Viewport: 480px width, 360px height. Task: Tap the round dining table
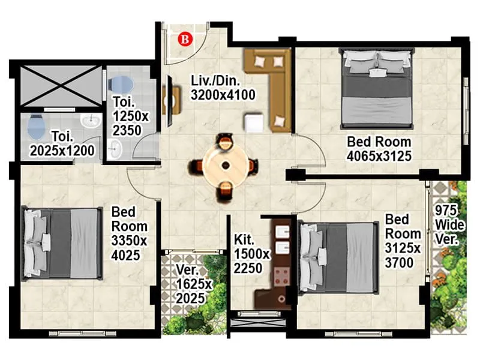[x=225, y=165]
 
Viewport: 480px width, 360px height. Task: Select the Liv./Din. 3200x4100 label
[x=223, y=88]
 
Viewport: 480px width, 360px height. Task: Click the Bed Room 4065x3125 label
[x=379, y=149]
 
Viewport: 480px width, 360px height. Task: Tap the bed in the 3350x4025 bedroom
[x=61, y=242]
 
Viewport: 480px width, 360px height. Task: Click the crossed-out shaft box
[x=59, y=85]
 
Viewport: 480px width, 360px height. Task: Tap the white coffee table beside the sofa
[x=253, y=122]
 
